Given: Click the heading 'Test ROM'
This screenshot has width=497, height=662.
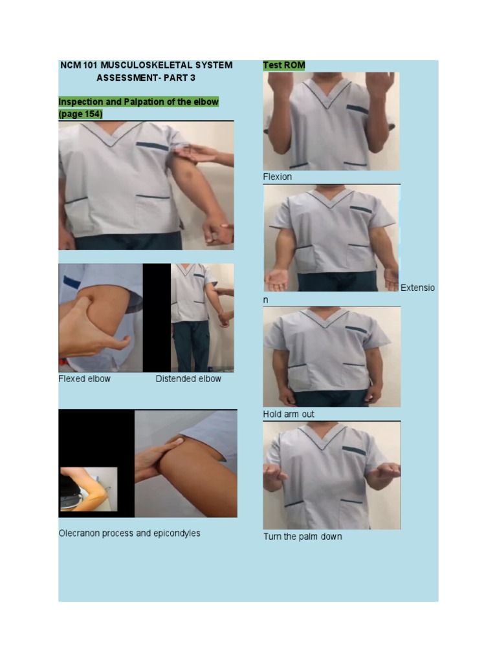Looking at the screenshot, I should click(x=284, y=65).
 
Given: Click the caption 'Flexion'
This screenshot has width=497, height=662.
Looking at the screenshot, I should click(x=277, y=177).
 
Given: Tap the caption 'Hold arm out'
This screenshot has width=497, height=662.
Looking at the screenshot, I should click(x=289, y=414).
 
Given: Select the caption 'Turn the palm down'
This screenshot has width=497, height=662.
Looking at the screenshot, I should click(x=302, y=537).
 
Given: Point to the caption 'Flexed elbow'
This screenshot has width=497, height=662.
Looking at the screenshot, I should click(x=84, y=379).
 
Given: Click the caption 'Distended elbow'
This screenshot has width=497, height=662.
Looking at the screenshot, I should click(x=188, y=379).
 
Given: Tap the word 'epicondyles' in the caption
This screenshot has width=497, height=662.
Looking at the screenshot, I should click(x=175, y=533).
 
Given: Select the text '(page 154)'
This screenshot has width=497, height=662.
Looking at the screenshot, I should click(x=80, y=114).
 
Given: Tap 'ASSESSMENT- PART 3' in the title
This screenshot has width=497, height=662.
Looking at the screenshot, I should click(x=146, y=78).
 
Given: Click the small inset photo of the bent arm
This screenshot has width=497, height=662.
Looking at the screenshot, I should click(x=89, y=489).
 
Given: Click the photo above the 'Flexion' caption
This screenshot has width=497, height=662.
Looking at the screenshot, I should click(x=331, y=121).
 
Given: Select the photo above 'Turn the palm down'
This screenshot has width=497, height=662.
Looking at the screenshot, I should click(x=331, y=475).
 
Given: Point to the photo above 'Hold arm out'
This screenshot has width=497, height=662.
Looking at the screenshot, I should click(x=331, y=357).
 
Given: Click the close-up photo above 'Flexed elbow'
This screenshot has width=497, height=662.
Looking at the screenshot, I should click(x=100, y=317).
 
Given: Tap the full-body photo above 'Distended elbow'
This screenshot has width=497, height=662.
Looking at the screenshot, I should click(x=202, y=317).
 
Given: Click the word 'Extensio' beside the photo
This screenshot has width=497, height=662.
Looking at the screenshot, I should click(x=418, y=288).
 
